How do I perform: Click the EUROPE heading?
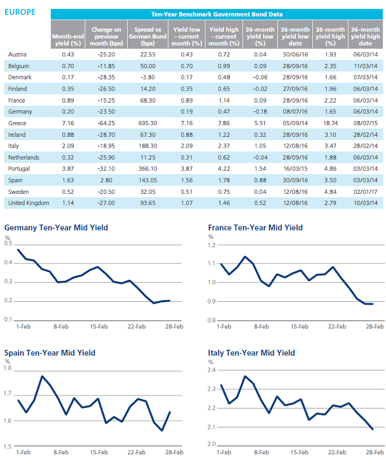click(x=20, y=12)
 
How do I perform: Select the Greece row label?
click(x=17, y=123)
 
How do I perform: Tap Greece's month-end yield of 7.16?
click(x=68, y=123)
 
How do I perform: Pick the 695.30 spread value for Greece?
click(x=148, y=123)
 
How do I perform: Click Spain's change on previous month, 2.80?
click(x=106, y=180)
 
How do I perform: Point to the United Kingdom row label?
click(x=29, y=203)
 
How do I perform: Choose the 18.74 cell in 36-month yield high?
click(x=330, y=123)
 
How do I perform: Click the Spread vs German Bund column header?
click(x=148, y=36)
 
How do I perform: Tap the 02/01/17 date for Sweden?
click(x=365, y=191)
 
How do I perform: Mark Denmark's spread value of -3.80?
click(x=148, y=77)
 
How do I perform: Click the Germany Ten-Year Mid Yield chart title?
click(x=56, y=228)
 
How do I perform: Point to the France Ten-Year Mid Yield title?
click(x=255, y=228)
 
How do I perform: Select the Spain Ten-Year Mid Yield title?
click(x=50, y=353)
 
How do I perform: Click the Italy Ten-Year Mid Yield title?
click(x=251, y=353)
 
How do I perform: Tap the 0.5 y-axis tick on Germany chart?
click(x=8, y=244)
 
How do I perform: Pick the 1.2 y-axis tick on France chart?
click(x=211, y=245)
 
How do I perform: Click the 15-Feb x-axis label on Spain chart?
click(x=99, y=452)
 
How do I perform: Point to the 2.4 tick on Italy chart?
click(x=211, y=370)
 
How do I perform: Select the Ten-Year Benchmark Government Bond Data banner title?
click(x=217, y=14)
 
